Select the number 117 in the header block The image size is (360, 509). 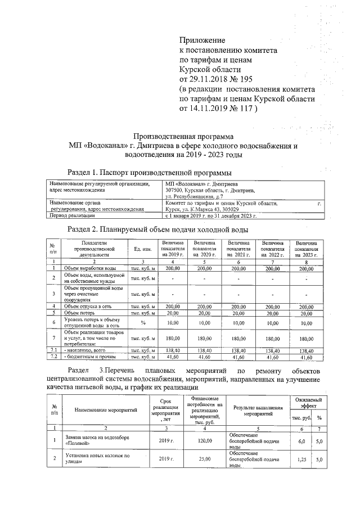(244, 109)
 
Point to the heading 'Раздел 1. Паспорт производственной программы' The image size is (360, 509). (149, 172)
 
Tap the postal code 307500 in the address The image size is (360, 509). (176, 191)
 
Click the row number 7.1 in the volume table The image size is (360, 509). (52, 350)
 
